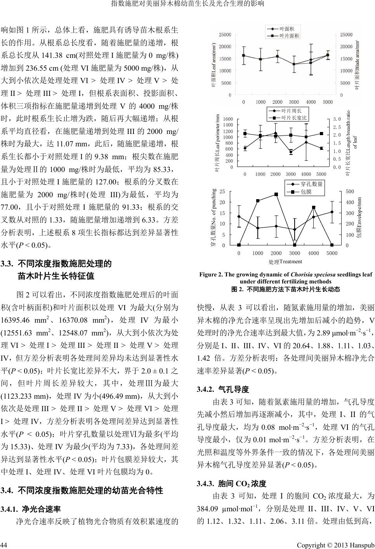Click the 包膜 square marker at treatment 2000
276,194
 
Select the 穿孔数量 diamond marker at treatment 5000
332,212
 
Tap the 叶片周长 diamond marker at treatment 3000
291,152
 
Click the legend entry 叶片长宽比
294,118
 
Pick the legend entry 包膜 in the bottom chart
306,192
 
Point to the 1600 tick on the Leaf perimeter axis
228,119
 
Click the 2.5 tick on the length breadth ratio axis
337,127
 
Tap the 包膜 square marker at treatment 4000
313,207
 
